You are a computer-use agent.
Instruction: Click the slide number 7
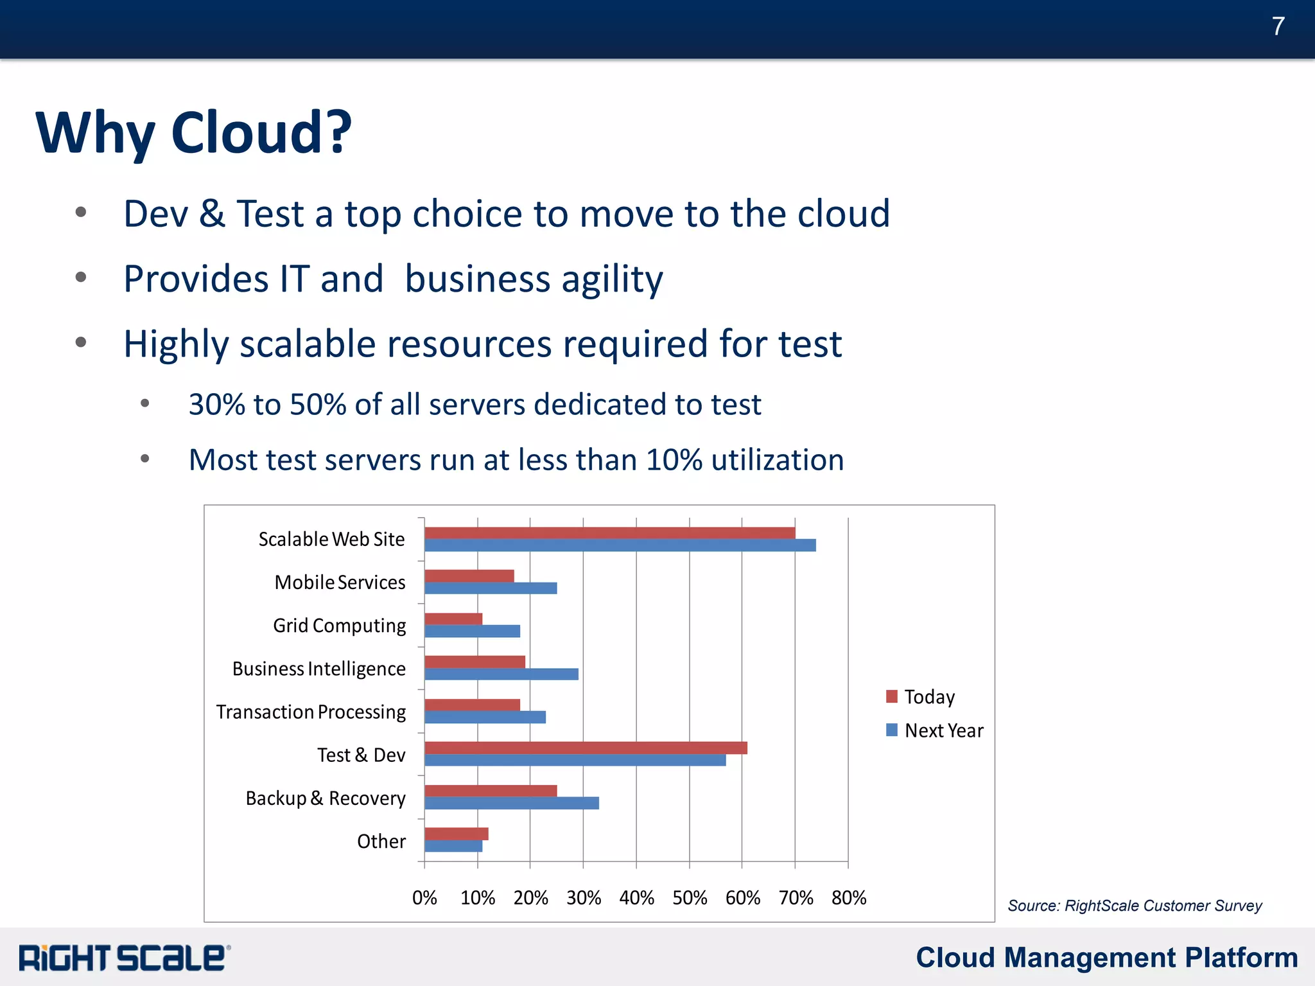1278,26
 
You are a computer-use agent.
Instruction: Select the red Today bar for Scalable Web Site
609,533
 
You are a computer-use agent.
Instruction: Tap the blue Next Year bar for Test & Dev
575,760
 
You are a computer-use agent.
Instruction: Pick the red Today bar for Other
456,834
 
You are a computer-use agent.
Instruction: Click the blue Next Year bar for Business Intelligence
501,674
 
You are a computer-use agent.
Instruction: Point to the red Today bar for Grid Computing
453,619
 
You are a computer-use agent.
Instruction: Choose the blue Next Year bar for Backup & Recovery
511,803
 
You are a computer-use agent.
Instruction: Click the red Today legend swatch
891,696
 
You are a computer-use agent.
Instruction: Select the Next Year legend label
943,730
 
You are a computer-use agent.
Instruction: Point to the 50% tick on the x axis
690,897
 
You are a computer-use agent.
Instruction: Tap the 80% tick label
849,897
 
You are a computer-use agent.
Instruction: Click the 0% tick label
424,897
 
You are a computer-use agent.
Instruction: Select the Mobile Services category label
340,582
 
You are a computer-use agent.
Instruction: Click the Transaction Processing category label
311,712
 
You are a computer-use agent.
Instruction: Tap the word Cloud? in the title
261,132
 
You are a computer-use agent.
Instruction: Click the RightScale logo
124,958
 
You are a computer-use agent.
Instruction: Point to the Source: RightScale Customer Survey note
1134,906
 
